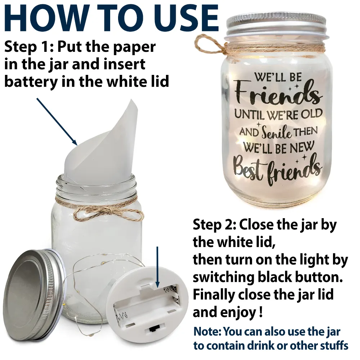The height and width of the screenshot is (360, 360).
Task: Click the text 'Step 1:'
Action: point(29,47)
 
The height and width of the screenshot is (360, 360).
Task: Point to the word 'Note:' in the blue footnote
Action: point(207,332)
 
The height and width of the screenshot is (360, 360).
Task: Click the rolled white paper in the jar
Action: point(101,142)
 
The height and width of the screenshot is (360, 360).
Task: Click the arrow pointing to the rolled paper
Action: point(57,121)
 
